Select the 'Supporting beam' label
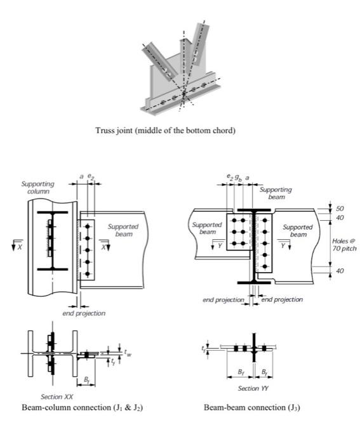click(276, 193)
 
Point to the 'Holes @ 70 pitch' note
click(344, 244)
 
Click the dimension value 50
click(340, 208)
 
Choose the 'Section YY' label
click(249, 388)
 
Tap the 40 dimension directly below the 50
click(340, 218)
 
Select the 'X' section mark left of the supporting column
click(18, 246)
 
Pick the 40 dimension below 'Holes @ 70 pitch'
click(340, 271)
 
